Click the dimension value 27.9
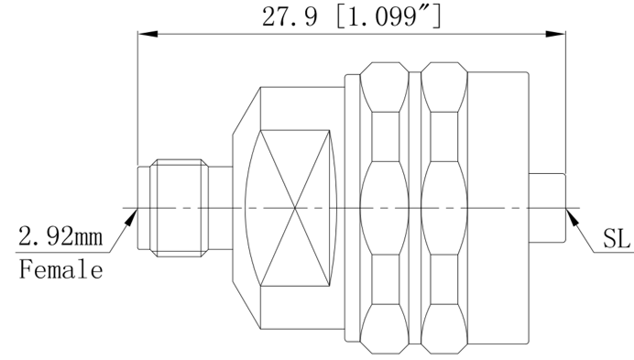[x=290, y=17]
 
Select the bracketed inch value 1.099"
[x=389, y=17]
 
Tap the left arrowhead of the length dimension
[x=148, y=34]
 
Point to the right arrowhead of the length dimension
[x=555, y=34]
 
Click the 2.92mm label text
[x=60, y=236]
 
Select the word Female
[x=61, y=269]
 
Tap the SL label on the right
[x=617, y=238]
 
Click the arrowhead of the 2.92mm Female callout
[x=131, y=217]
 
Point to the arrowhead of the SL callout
[x=573, y=217]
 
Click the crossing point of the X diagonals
[x=295, y=208]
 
